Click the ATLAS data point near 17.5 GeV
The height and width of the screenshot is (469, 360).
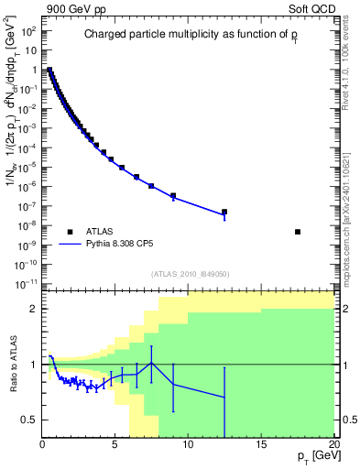click(298, 232)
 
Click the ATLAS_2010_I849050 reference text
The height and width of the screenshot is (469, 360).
click(191, 274)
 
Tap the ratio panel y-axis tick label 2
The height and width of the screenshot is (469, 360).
click(33, 309)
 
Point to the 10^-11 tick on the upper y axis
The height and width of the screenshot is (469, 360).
click(27, 283)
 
